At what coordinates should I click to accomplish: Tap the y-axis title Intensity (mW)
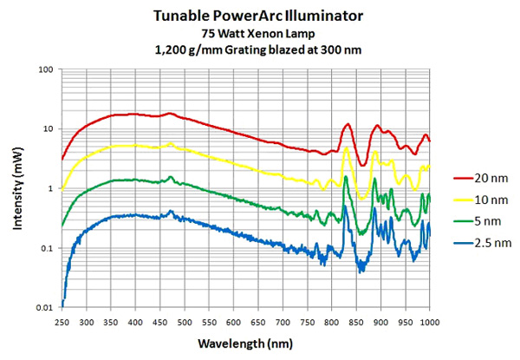(x=17, y=187)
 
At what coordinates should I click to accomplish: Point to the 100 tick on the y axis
(x=48, y=69)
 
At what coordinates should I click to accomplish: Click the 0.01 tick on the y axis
(x=45, y=308)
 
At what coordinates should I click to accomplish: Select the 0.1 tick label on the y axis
(x=47, y=249)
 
